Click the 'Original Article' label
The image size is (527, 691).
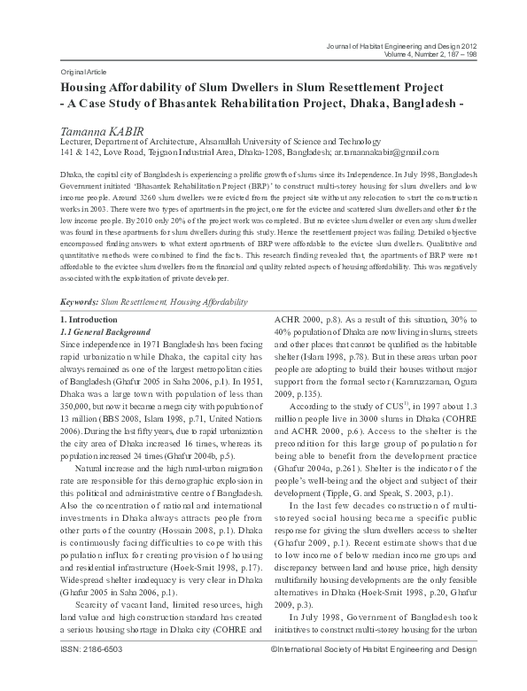81,68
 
